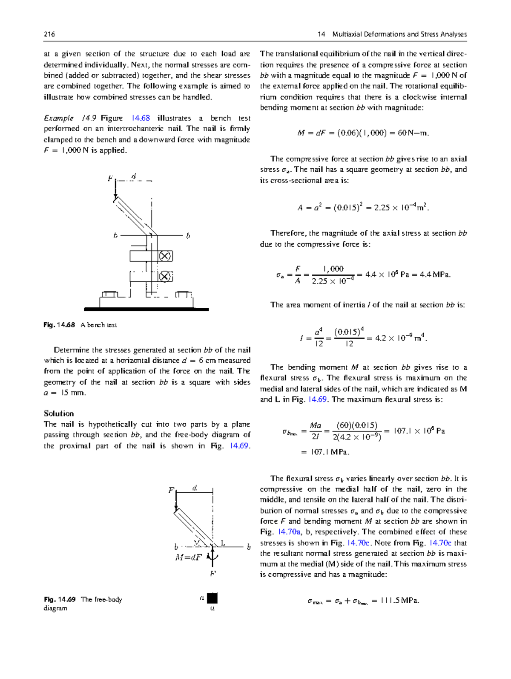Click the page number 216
(x=49, y=34)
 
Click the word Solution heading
(x=59, y=413)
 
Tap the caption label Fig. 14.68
(x=59, y=325)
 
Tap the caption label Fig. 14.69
(x=60, y=599)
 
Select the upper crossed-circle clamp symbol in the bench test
(x=165, y=256)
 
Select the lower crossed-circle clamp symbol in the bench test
(x=165, y=276)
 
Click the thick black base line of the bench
(x=146, y=309)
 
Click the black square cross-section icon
(x=212, y=598)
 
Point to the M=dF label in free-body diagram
(x=188, y=558)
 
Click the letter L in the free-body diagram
(x=222, y=543)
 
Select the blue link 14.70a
(x=289, y=532)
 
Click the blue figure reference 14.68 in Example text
(x=141, y=118)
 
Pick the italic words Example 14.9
(x=70, y=118)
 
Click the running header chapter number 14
(x=321, y=34)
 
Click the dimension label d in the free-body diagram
(x=195, y=488)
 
